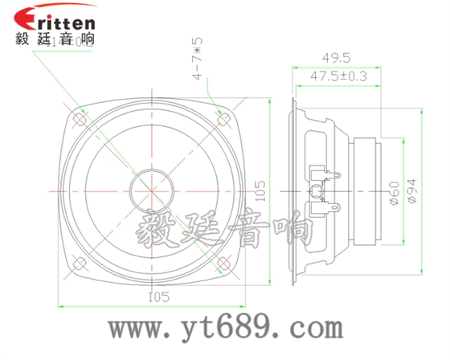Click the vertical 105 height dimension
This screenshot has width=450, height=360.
[260, 191]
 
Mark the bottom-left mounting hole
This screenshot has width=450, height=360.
[80, 264]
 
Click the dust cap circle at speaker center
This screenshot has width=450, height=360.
[152, 191]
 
